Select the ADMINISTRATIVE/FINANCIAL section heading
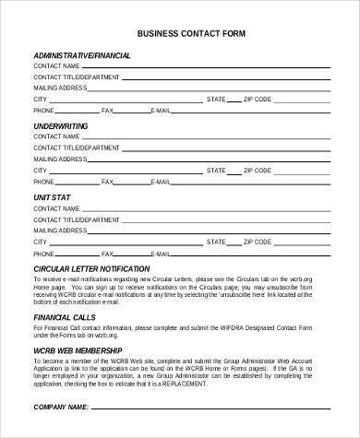click(x=82, y=55)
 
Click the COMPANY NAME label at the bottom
click(x=62, y=406)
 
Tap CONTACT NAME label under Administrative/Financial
click(x=56, y=67)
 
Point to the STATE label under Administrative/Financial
click(x=216, y=98)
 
